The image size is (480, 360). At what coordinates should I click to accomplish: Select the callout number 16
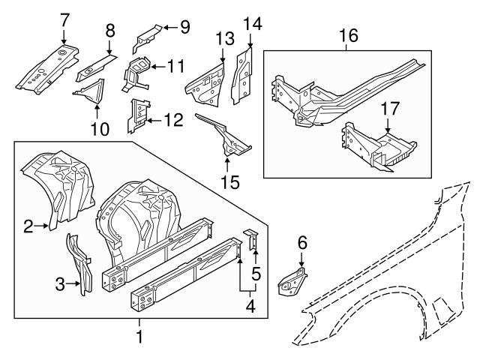tap(349, 35)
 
